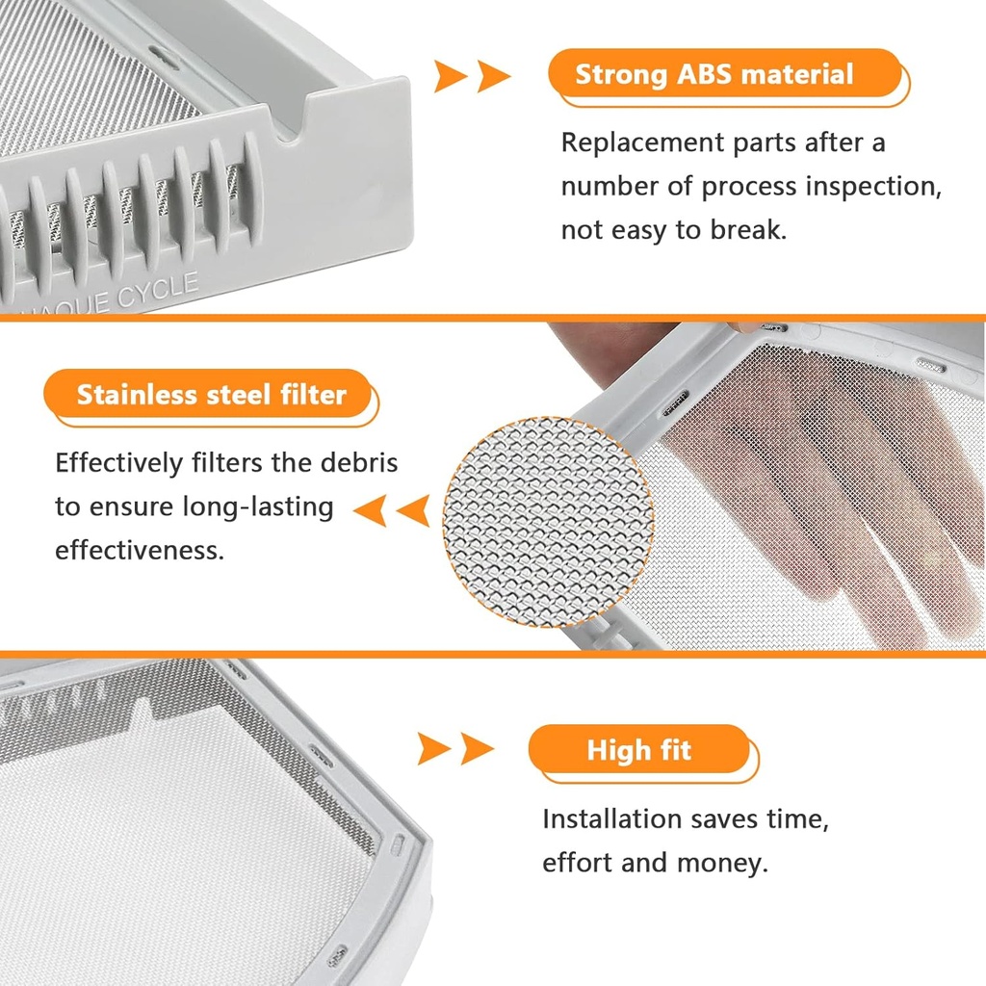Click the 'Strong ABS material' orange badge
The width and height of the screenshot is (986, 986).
(714, 75)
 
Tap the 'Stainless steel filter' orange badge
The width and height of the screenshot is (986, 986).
(211, 395)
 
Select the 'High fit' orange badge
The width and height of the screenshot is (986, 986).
(639, 750)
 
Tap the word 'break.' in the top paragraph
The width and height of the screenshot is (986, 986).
(748, 230)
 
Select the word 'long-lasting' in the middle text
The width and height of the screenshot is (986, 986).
(258, 506)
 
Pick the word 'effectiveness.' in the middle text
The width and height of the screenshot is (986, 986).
(139, 551)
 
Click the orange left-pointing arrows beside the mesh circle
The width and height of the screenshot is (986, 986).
(390, 510)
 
